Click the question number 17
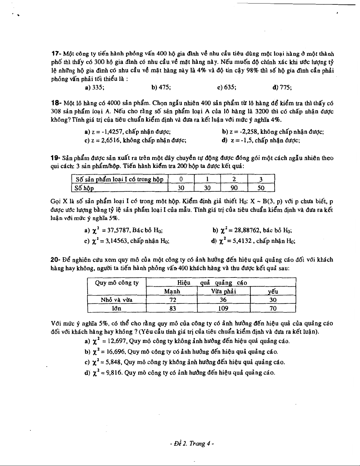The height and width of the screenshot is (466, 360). pos(56,54)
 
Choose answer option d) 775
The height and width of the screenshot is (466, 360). pos(282,87)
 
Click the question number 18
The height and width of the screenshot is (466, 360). pos(56,103)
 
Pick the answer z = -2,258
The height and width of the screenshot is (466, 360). pos(273,132)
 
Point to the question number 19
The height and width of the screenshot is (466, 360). pos(56,158)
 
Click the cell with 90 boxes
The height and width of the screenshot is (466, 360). pos(234,188)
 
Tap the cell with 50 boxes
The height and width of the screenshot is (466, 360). pos(261,188)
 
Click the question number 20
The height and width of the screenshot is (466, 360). pos(56,260)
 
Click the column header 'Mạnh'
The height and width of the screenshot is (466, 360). pos(172,291)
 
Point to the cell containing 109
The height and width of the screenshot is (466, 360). pos(224,308)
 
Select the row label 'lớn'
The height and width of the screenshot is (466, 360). pos(117,308)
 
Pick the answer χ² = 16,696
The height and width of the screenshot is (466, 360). pos(181,352)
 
